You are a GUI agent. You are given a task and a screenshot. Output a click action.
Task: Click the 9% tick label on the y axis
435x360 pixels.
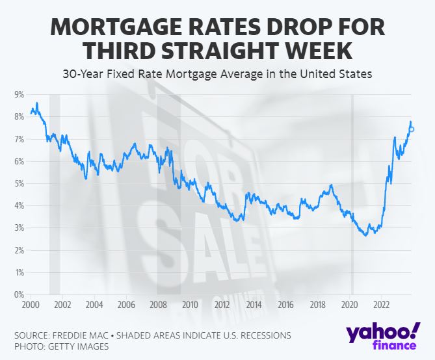19,95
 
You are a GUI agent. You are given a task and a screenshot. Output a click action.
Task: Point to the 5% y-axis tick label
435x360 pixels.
19,184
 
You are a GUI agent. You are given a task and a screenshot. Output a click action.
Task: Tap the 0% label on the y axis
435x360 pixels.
19,295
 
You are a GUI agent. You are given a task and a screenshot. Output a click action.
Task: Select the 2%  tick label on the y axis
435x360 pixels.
19,251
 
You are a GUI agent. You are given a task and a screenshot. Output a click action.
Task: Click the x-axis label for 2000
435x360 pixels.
30,304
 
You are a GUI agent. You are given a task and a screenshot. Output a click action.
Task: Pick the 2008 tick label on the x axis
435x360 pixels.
157,304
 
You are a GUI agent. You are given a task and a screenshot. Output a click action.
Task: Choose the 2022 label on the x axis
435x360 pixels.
381,304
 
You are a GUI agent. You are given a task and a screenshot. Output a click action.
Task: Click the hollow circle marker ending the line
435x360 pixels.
412,129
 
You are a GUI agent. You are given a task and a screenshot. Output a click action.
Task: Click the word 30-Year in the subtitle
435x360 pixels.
85,74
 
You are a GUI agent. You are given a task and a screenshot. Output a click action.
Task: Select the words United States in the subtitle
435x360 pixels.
338,74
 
